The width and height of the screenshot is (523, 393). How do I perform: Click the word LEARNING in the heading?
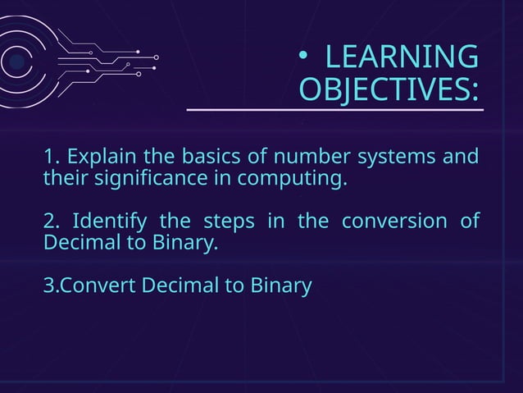click(402, 57)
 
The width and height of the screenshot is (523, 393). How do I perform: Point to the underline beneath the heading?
click(334, 108)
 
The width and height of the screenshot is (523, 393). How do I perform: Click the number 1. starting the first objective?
click(51, 156)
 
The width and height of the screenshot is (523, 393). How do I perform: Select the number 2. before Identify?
click(52, 222)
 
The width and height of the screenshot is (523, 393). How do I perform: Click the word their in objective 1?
click(63, 178)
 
